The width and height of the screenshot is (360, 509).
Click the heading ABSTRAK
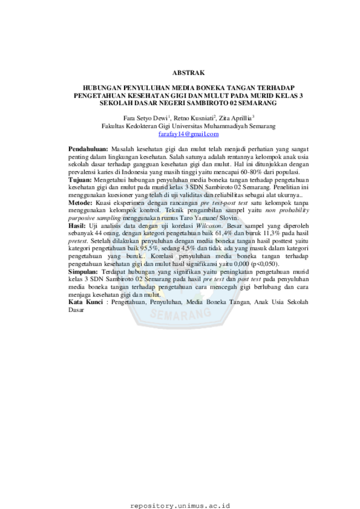tap(188, 73)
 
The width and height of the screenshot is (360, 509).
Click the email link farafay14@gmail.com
tap(188, 133)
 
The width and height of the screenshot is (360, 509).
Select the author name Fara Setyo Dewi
tap(145, 118)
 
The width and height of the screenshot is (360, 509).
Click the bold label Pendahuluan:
tap(88, 149)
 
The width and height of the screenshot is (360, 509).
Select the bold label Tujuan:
tap(80, 179)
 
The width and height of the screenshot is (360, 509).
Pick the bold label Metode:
tap(80, 203)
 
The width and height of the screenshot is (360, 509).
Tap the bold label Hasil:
tap(77, 225)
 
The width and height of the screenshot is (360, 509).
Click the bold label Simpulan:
tap(83, 272)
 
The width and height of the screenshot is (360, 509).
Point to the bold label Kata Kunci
tap(85, 302)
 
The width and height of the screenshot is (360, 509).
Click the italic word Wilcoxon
tap(209, 225)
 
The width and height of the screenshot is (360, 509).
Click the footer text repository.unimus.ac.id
tap(180, 506)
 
